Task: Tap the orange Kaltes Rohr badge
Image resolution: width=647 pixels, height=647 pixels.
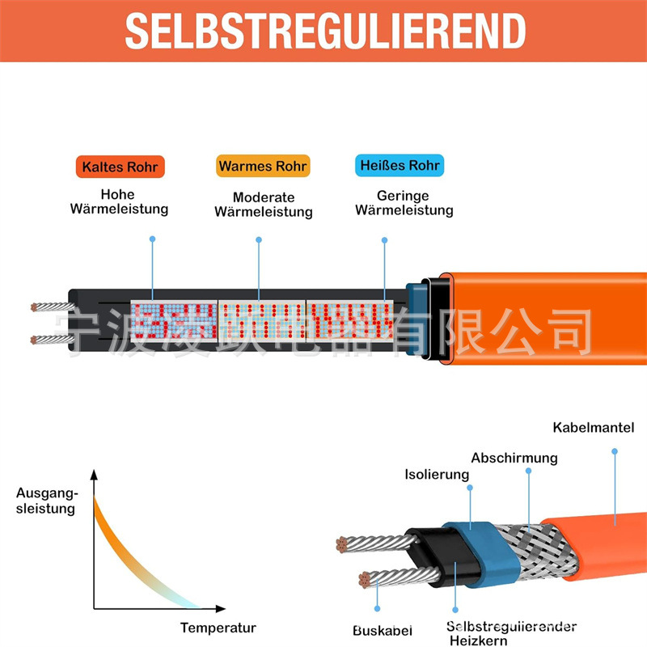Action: (121, 167)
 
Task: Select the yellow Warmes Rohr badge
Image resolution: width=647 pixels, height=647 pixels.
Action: (263, 167)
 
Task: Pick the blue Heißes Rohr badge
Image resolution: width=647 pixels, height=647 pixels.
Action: (400, 166)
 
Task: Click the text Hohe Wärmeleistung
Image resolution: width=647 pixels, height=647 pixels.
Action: (119, 201)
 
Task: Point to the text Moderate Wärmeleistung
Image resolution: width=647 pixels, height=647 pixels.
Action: (263, 205)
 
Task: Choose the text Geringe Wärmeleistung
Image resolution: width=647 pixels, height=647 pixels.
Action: (404, 203)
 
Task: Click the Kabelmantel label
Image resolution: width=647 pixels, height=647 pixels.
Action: (594, 428)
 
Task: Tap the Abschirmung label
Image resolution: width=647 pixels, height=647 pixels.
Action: (514, 458)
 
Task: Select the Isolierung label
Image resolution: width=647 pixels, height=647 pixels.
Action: (437, 475)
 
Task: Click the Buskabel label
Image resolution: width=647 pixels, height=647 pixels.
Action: (383, 630)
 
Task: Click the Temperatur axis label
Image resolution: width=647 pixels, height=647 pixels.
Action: (218, 628)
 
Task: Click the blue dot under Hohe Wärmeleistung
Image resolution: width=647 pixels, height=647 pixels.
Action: (152, 239)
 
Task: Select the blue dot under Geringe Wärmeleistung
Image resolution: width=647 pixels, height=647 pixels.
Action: (384, 239)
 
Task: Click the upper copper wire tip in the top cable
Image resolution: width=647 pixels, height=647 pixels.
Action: (35, 307)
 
